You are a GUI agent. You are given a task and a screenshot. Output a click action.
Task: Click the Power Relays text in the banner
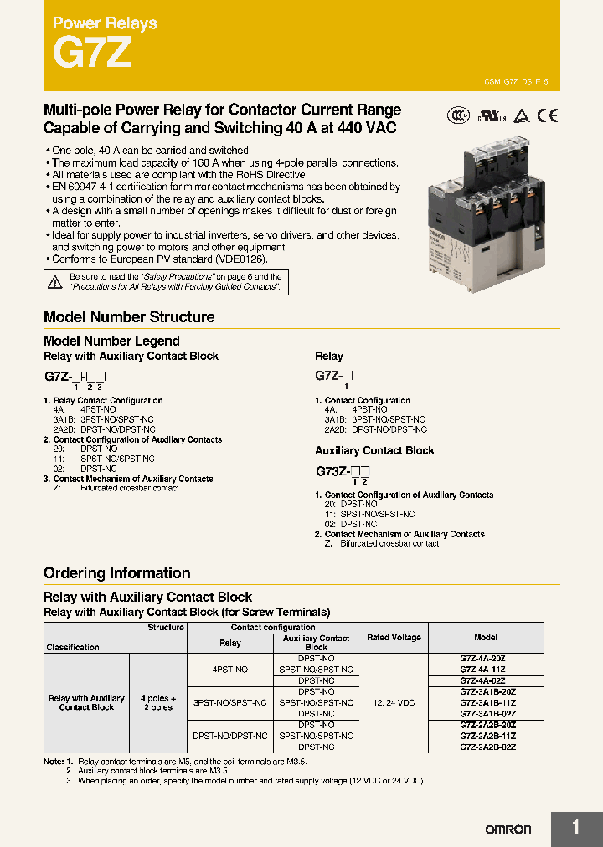105,23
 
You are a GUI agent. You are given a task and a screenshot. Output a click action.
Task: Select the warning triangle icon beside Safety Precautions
55,282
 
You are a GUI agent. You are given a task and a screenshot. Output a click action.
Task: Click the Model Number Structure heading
129,317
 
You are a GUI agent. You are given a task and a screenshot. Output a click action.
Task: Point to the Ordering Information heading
116,573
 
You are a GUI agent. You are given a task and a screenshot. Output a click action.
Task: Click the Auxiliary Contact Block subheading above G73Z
374,450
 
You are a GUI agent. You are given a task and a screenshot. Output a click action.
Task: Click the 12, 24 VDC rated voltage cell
394,702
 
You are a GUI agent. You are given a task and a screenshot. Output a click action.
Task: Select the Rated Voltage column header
394,638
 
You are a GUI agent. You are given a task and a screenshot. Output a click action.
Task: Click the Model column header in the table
486,638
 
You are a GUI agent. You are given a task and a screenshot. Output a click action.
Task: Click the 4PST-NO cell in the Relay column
229,670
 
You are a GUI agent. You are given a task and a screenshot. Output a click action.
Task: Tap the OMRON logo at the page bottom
508,829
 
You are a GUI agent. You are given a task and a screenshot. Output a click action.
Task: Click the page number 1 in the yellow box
576,828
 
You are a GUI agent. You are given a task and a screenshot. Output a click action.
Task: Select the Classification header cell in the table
73,647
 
